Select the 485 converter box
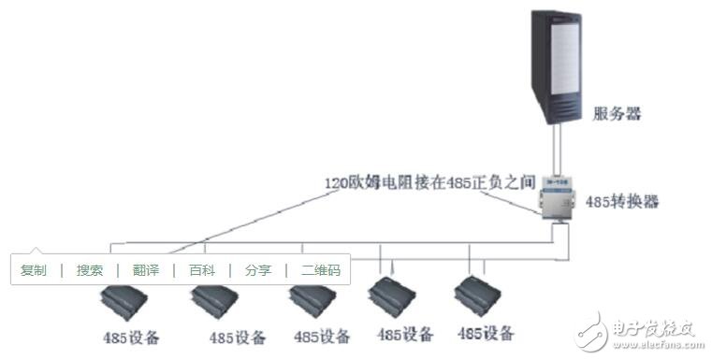click(x=558, y=197)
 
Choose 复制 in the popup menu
click(x=34, y=270)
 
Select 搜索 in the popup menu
click(x=90, y=270)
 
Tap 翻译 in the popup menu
click(x=146, y=270)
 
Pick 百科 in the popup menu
click(x=202, y=270)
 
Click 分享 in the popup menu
click(x=258, y=270)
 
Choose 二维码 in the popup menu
click(x=321, y=270)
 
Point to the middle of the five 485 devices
click(x=314, y=301)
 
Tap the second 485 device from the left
click(x=217, y=302)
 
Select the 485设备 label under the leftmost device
click(x=132, y=338)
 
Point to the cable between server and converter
click(x=559, y=153)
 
